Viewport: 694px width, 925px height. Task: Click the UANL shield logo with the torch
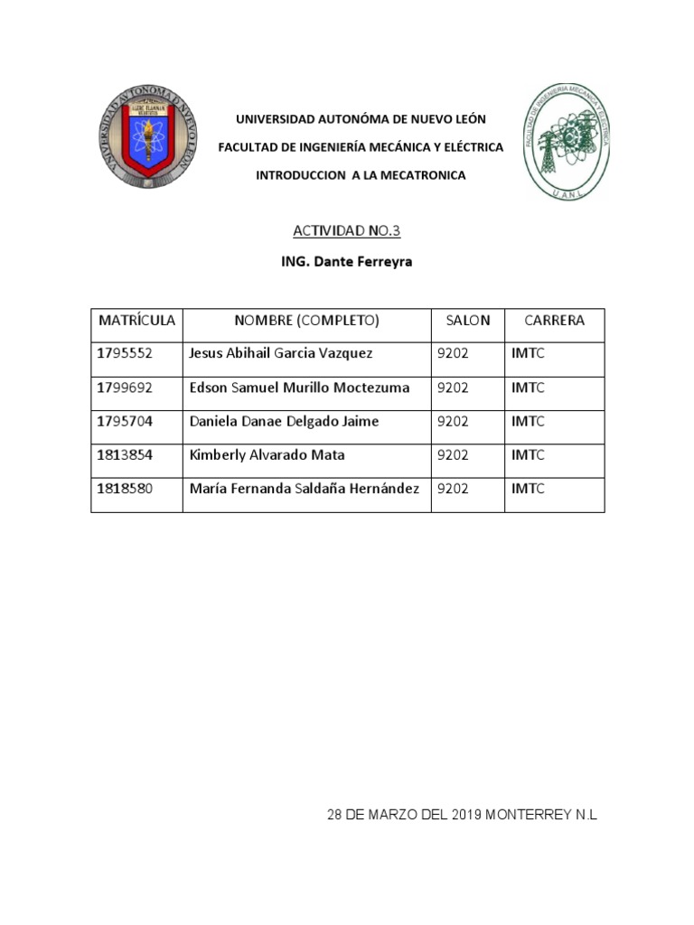[x=146, y=139]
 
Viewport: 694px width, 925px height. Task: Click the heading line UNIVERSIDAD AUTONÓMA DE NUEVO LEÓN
[x=361, y=119]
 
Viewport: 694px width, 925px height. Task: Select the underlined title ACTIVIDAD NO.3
[x=346, y=231]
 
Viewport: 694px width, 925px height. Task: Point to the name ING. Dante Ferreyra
[x=346, y=262]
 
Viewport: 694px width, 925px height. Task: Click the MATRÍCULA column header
[x=137, y=321]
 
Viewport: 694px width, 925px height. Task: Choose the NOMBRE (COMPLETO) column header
[x=306, y=321]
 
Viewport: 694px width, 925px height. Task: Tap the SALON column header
[x=467, y=321]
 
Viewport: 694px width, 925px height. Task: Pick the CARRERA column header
[x=554, y=321]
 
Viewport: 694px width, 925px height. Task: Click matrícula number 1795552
[x=125, y=354]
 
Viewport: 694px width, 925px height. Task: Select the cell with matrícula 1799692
[x=125, y=388]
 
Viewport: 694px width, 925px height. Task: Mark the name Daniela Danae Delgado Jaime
[x=284, y=422]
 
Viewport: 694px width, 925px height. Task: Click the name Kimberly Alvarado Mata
[x=267, y=455]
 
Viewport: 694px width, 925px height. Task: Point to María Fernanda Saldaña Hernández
[x=304, y=489]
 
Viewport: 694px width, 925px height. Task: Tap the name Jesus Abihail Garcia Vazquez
[x=280, y=354]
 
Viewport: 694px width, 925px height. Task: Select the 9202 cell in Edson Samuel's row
[x=453, y=388]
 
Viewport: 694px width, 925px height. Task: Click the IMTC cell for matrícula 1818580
[x=528, y=489]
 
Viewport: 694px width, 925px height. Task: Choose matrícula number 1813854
[x=125, y=455]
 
